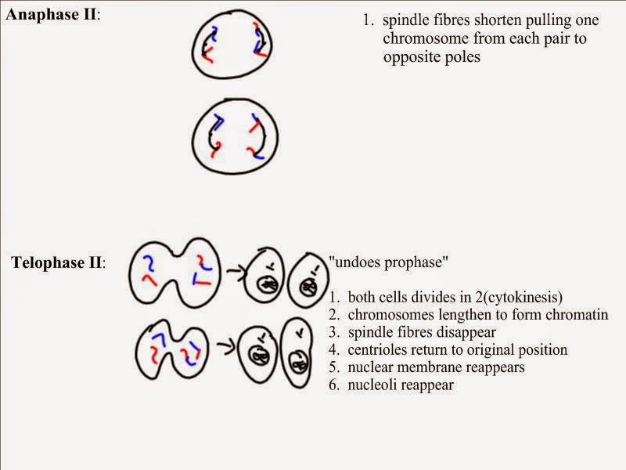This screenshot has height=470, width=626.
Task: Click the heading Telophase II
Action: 57,262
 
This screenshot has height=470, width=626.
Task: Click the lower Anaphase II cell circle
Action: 236,139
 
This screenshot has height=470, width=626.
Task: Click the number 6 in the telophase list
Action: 333,385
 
